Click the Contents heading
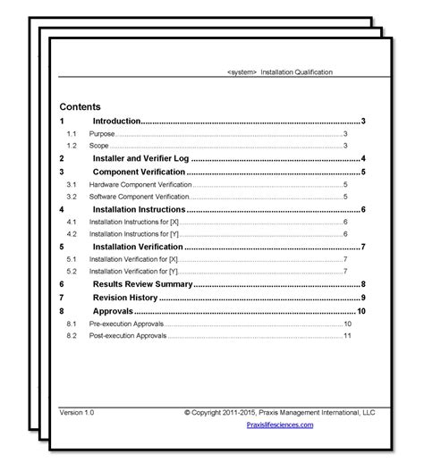tap(80, 106)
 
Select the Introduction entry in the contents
tap(116, 121)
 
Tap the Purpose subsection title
tap(101, 133)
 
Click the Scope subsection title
tap(99, 145)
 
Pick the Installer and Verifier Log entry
tap(139, 158)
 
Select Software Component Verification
tap(140, 196)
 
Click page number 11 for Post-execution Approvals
tap(347, 335)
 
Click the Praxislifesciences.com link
tap(279, 425)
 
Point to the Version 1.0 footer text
tap(76, 413)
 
